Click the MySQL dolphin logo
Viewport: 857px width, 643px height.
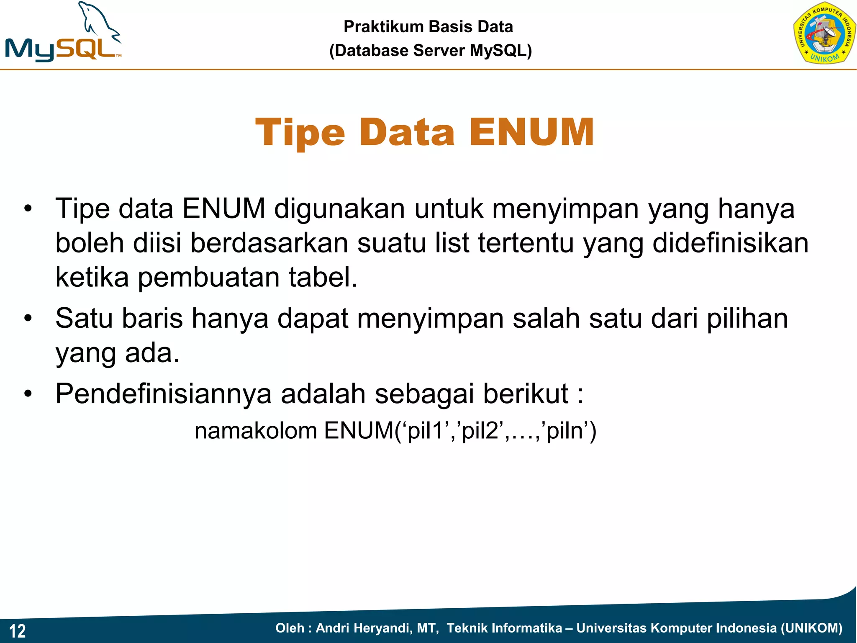click(63, 33)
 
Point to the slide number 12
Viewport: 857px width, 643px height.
click(18, 631)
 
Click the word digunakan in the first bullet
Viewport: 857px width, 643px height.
click(339, 208)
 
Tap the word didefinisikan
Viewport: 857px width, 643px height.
click(730, 243)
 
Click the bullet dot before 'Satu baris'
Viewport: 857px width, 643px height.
click(28, 319)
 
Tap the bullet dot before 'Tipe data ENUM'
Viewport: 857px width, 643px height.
click(28, 208)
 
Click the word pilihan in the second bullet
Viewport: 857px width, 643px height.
click(747, 319)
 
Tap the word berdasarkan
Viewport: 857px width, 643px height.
click(269, 243)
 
